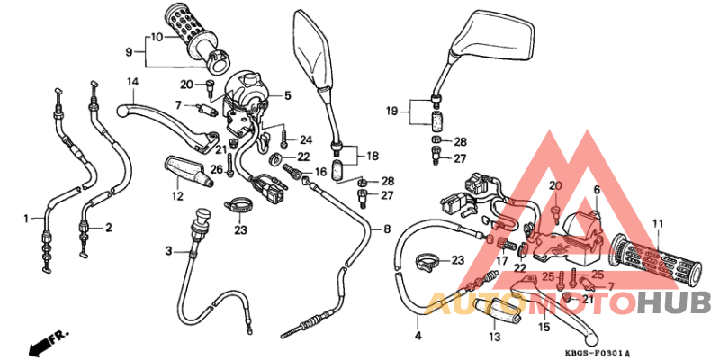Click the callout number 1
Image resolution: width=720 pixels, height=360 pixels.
pyautogui.click(x=26, y=218)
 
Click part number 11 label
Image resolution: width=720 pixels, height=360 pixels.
pyautogui.click(x=658, y=223)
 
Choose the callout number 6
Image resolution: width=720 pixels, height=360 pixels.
pyautogui.click(x=595, y=190)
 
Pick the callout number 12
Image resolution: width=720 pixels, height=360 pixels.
pyautogui.click(x=176, y=195)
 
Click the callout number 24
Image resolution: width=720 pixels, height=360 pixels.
pyautogui.click(x=306, y=139)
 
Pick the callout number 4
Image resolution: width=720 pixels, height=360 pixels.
pyautogui.click(x=418, y=336)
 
